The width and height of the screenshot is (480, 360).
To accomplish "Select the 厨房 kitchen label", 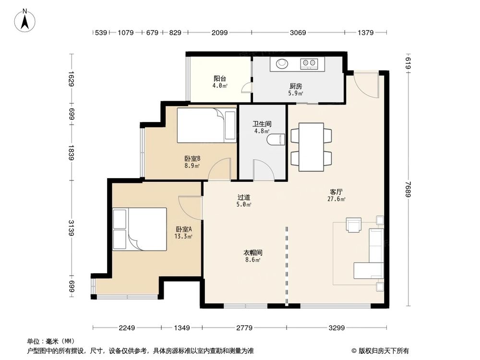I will point(296,86).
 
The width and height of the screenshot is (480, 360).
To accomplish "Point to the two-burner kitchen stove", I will point(309,63).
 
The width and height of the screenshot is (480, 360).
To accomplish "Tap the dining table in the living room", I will point(311,147).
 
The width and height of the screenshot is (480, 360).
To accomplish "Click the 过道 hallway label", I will point(244,197).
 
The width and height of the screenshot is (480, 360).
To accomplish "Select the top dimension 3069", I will point(298,33).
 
